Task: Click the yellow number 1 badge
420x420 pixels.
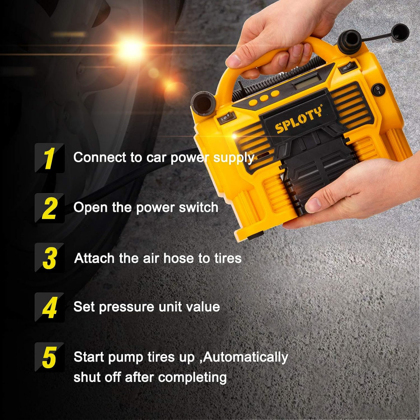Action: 50,158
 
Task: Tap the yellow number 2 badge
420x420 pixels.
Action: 50,208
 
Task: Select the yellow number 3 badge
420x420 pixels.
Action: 50,258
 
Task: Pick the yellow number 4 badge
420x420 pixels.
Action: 50,307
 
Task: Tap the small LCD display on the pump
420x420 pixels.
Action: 307,82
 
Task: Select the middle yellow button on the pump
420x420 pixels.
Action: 264,98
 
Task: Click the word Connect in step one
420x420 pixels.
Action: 100,157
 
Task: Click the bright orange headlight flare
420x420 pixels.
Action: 130,47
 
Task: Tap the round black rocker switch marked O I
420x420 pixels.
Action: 378,90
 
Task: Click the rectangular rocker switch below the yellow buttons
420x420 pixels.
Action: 227,118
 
